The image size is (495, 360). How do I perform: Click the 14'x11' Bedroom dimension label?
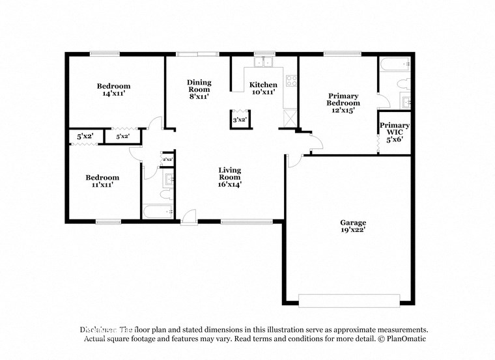pos(114,90)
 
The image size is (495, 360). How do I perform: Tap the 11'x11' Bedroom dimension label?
pos(103,181)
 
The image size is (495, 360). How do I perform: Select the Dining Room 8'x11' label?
pos(199,89)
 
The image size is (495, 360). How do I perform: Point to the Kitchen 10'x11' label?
pos(264,89)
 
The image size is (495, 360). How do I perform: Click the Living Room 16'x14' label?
pos(229,177)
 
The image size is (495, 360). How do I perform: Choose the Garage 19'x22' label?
pos(352,226)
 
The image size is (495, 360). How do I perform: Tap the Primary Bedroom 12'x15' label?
pos(343,103)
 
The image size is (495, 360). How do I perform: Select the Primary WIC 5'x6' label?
pos(395,133)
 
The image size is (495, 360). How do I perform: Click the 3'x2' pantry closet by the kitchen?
pos(239,120)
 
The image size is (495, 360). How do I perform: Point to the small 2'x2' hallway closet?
pos(167,159)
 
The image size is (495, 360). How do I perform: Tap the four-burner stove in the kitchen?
pos(292,82)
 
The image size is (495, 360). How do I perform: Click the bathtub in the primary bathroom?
pos(395,64)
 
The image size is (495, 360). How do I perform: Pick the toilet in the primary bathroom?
pos(403,83)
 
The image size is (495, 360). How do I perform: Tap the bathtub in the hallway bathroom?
pos(158,212)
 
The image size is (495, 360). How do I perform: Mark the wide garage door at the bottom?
pos(348,300)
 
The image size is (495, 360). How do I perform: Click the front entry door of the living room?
pos(189,217)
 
